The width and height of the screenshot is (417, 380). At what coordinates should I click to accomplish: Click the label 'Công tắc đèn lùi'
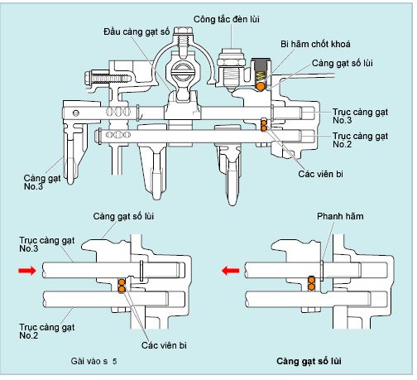click(x=226, y=20)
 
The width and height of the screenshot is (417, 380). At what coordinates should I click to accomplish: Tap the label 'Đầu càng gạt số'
click(x=137, y=31)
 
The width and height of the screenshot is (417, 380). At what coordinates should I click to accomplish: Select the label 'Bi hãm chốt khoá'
click(x=315, y=44)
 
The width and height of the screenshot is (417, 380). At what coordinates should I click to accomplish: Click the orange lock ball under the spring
click(x=261, y=87)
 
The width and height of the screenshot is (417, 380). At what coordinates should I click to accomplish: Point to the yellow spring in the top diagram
click(x=261, y=77)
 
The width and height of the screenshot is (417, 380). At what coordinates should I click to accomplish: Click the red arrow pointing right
click(x=27, y=271)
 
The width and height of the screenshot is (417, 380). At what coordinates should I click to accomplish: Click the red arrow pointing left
click(x=231, y=271)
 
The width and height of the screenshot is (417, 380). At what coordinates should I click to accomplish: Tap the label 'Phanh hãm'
click(x=340, y=216)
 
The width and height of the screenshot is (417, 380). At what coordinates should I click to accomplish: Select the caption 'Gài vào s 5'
click(x=93, y=361)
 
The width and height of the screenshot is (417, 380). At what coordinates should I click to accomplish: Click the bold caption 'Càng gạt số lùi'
click(x=309, y=361)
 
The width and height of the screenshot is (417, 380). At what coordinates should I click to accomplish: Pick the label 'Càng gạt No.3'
click(x=42, y=182)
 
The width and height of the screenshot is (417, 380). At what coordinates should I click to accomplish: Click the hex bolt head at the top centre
click(x=183, y=31)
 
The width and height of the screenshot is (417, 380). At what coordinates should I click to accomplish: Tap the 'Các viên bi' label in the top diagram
click(x=320, y=174)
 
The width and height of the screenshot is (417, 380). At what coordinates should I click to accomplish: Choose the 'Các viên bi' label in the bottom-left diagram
click(x=164, y=345)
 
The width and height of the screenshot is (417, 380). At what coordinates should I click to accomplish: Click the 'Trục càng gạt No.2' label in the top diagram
click(x=360, y=140)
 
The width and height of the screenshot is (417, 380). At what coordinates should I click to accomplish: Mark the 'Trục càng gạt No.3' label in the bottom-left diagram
click(x=47, y=244)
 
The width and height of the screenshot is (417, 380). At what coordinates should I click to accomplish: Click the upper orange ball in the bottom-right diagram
click(x=311, y=281)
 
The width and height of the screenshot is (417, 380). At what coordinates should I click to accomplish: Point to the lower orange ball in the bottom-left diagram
click(x=122, y=289)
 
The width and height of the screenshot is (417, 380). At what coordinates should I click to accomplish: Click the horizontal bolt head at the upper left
click(x=88, y=79)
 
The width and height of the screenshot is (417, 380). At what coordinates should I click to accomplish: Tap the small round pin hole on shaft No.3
click(x=76, y=113)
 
